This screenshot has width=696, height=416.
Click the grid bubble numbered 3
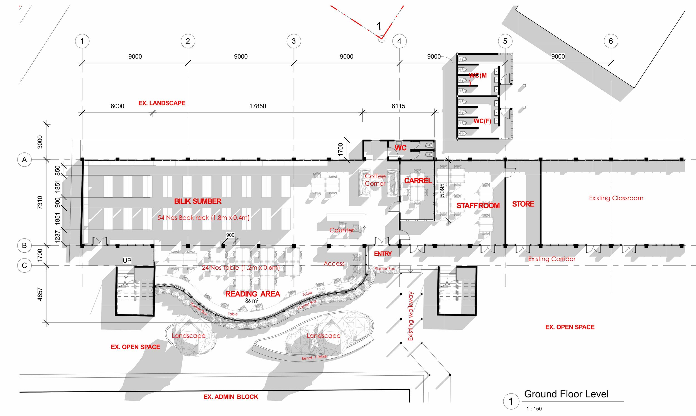pos(294,41)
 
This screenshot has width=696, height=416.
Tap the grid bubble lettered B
pos(24,245)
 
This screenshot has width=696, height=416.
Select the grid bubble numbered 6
pos(611,41)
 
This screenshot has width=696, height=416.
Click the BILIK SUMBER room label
pos(198,201)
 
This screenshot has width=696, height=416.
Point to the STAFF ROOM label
pos(478,206)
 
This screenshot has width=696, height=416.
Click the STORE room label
pos(523,204)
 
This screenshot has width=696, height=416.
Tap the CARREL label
pos(418,181)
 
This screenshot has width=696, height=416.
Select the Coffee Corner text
pos(375,180)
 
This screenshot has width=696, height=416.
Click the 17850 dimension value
pos(258,106)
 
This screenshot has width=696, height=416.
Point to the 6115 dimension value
pos(398,106)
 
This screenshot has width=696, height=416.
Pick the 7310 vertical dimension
pos(40,202)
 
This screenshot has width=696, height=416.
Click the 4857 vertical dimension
pos(40,294)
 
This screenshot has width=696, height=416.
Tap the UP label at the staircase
pos(127,261)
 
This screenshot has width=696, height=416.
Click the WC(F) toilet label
pos(482,121)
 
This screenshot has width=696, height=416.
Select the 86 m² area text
pos(252,301)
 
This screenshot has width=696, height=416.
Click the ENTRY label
pos(383,254)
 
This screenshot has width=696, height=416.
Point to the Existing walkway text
pos(411,316)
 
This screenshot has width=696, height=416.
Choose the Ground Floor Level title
pos(566,394)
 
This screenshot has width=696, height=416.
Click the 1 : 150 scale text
pos(534,409)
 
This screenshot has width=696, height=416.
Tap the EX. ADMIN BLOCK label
pos(231,397)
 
